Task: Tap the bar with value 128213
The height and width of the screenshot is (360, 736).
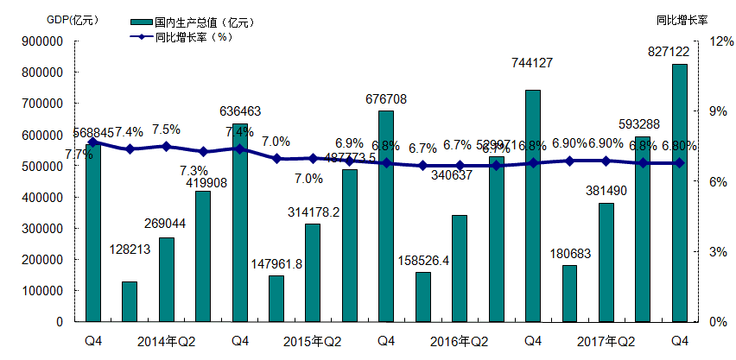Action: click(x=130, y=301)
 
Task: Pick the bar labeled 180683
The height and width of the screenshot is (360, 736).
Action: click(x=570, y=294)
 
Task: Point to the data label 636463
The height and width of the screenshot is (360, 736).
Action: click(x=240, y=111)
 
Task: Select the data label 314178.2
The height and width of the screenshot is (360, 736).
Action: click(x=314, y=212)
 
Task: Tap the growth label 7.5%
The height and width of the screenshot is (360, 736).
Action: click(x=166, y=129)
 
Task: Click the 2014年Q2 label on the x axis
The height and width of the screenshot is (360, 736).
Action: click(x=167, y=341)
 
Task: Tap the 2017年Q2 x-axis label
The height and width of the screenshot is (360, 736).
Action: click(x=606, y=341)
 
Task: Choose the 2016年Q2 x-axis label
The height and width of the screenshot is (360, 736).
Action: click(x=460, y=341)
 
